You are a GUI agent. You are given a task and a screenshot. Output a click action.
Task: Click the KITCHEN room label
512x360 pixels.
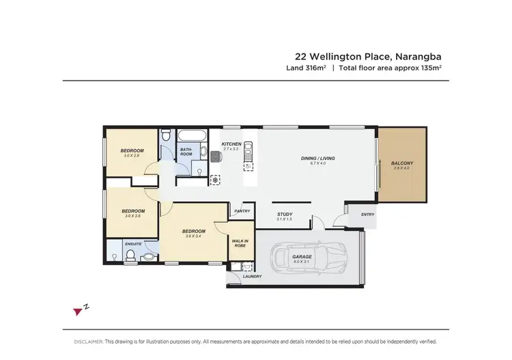pos(231,143)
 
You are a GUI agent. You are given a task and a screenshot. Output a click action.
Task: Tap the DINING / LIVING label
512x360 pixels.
pos(317,158)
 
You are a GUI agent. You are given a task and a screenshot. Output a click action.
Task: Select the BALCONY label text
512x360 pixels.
pos(402,163)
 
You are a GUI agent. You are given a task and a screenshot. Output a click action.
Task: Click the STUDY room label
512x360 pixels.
pos(284,213)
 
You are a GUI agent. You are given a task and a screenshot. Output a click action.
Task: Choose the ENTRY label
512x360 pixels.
pos(368,214)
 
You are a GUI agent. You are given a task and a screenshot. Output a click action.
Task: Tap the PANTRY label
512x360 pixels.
pos(242,211)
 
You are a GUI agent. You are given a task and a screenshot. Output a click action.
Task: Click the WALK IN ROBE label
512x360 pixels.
pos(240,243)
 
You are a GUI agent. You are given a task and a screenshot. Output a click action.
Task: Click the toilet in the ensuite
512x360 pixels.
pos(130,255)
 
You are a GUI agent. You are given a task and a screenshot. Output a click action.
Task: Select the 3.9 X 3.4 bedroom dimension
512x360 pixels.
pos(193,236)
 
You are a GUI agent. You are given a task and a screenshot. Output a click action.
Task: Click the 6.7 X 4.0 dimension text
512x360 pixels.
pos(317,164)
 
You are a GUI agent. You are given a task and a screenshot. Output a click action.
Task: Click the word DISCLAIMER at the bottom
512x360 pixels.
pos(89,340)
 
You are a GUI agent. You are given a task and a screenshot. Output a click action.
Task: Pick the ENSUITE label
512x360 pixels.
pos(132,243)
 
